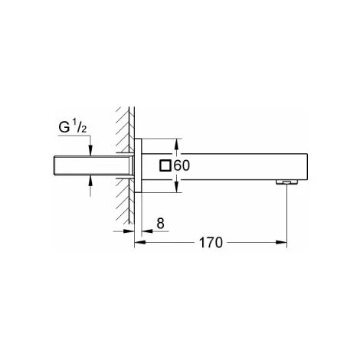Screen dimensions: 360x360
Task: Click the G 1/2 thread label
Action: (x=73, y=127)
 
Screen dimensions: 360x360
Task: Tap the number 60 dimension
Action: (x=182, y=165)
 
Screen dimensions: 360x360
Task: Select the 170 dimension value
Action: (x=211, y=243)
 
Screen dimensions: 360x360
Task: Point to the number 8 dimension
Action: (x=160, y=223)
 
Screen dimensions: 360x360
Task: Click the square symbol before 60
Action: (x=165, y=165)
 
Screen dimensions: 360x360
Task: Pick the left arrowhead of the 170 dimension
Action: (x=139, y=242)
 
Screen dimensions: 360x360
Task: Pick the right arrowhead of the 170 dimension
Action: (x=282, y=242)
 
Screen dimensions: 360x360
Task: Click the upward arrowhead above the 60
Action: (x=176, y=144)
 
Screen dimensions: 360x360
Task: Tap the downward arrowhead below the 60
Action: (x=176, y=187)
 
